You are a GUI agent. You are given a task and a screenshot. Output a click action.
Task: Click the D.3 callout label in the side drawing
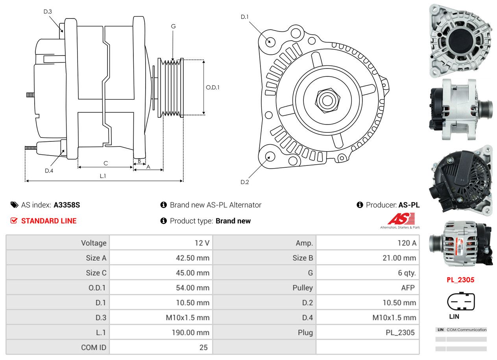pyautogui.click(x=48, y=11)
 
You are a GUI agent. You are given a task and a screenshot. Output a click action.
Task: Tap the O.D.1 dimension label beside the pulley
pyautogui.click(x=212, y=87)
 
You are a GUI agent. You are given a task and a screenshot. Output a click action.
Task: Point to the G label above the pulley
pyautogui.click(x=173, y=26)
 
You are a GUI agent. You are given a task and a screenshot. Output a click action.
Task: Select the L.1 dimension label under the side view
pyautogui.click(x=103, y=176)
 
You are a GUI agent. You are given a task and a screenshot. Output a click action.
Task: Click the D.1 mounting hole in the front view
pyautogui.click(x=270, y=41)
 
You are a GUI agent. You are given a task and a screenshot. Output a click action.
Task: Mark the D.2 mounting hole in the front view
pyautogui.click(x=270, y=156)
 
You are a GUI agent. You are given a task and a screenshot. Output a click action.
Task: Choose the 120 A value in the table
pyautogui.click(x=406, y=243)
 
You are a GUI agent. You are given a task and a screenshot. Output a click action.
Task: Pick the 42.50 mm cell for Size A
pyautogui.click(x=192, y=258)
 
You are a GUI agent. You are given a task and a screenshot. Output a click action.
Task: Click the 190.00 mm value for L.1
pyautogui.click(x=190, y=332)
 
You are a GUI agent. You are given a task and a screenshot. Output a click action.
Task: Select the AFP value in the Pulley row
pyautogui.click(x=408, y=288)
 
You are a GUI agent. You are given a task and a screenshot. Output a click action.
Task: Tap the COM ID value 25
pyautogui.click(x=203, y=347)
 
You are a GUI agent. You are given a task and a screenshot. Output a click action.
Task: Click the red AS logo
pyautogui.click(x=401, y=219)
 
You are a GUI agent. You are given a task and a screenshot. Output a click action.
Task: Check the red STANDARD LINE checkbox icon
pyautogui.click(x=14, y=221)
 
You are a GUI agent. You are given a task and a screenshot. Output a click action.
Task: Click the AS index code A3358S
pyautogui.click(x=67, y=205)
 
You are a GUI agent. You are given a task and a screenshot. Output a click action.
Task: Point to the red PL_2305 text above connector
pyautogui.click(x=460, y=280)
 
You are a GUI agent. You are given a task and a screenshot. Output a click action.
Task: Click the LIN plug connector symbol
pyautogui.click(x=461, y=302)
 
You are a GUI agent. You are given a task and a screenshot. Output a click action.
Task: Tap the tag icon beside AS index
pyautogui.click(x=14, y=205)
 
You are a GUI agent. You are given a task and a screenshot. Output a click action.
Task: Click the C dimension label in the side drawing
pyautogui.click(x=105, y=163)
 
